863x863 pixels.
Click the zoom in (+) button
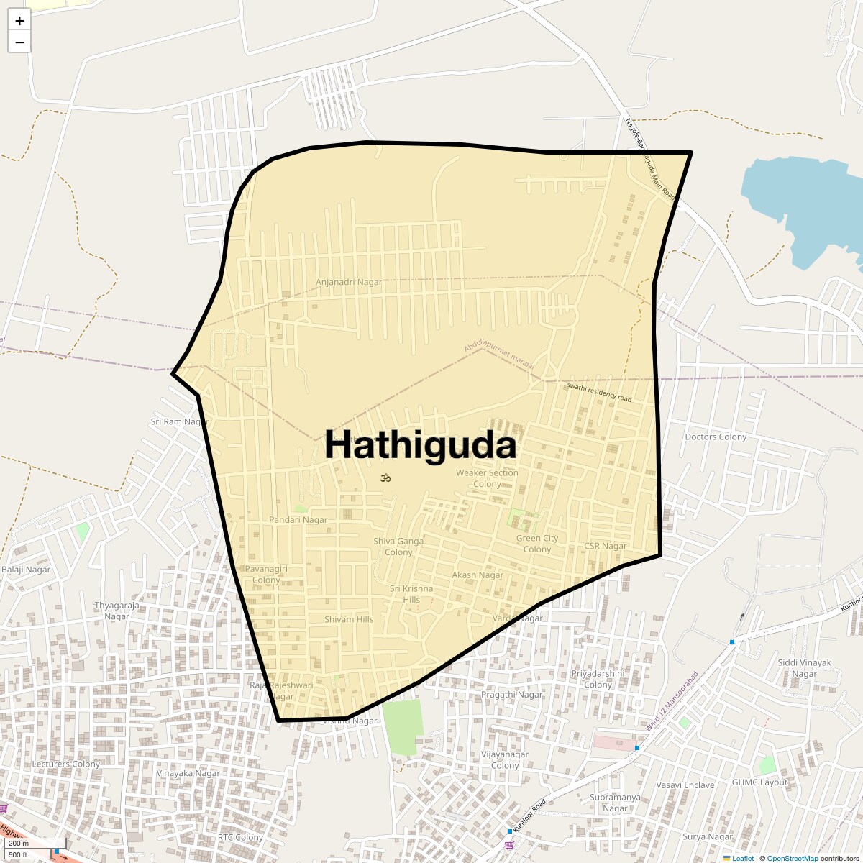19,21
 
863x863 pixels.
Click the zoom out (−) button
19,42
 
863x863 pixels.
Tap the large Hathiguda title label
421,445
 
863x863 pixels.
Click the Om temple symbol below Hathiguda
385,478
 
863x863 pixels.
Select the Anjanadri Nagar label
349,282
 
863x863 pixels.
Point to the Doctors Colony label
716,437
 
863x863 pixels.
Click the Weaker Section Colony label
487,478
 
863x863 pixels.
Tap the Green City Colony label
537,544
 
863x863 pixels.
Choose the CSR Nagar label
606,546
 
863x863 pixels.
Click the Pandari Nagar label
298,519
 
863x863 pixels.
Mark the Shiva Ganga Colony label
398,547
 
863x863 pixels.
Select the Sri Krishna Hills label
411,594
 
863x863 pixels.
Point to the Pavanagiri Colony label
266,574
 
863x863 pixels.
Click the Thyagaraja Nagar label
117,611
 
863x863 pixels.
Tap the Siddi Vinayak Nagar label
805,668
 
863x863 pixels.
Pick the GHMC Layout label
759,782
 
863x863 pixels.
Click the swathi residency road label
599,393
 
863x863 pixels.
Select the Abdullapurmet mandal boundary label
499,357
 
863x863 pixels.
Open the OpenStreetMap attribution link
792,858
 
